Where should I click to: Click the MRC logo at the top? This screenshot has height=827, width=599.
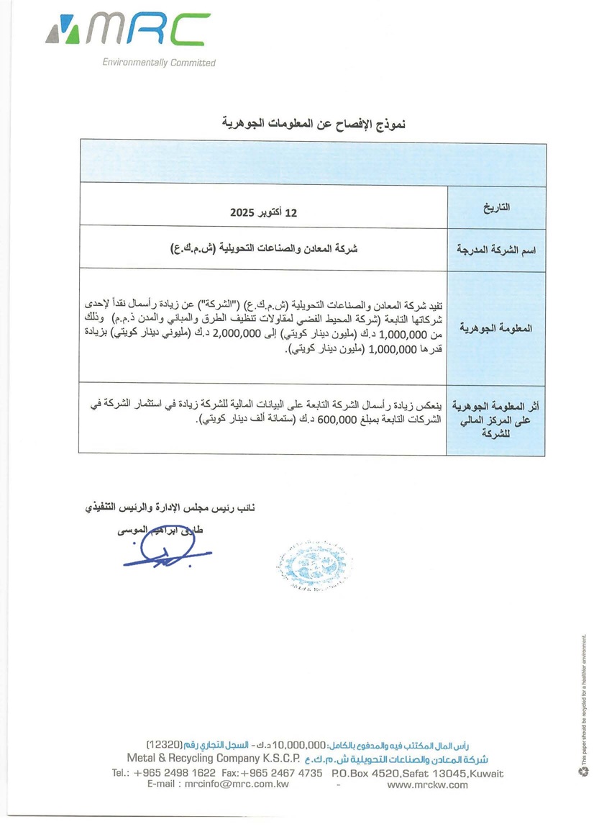tap(128, 30)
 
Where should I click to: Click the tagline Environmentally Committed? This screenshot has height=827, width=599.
tap(159, 63)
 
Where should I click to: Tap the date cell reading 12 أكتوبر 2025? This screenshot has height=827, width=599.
tap(263, 213)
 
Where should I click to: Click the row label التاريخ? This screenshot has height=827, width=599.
tap(496, 208)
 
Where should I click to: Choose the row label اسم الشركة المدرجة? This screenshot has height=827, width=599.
tap(496, 250)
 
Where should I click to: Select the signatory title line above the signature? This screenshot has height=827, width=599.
tap(170, 507)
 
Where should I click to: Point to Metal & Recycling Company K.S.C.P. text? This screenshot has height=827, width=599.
tap(213, 759)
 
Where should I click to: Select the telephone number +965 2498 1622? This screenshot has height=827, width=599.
tap(173, 773)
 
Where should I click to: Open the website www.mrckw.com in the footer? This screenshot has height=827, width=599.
tap(427, 784)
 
